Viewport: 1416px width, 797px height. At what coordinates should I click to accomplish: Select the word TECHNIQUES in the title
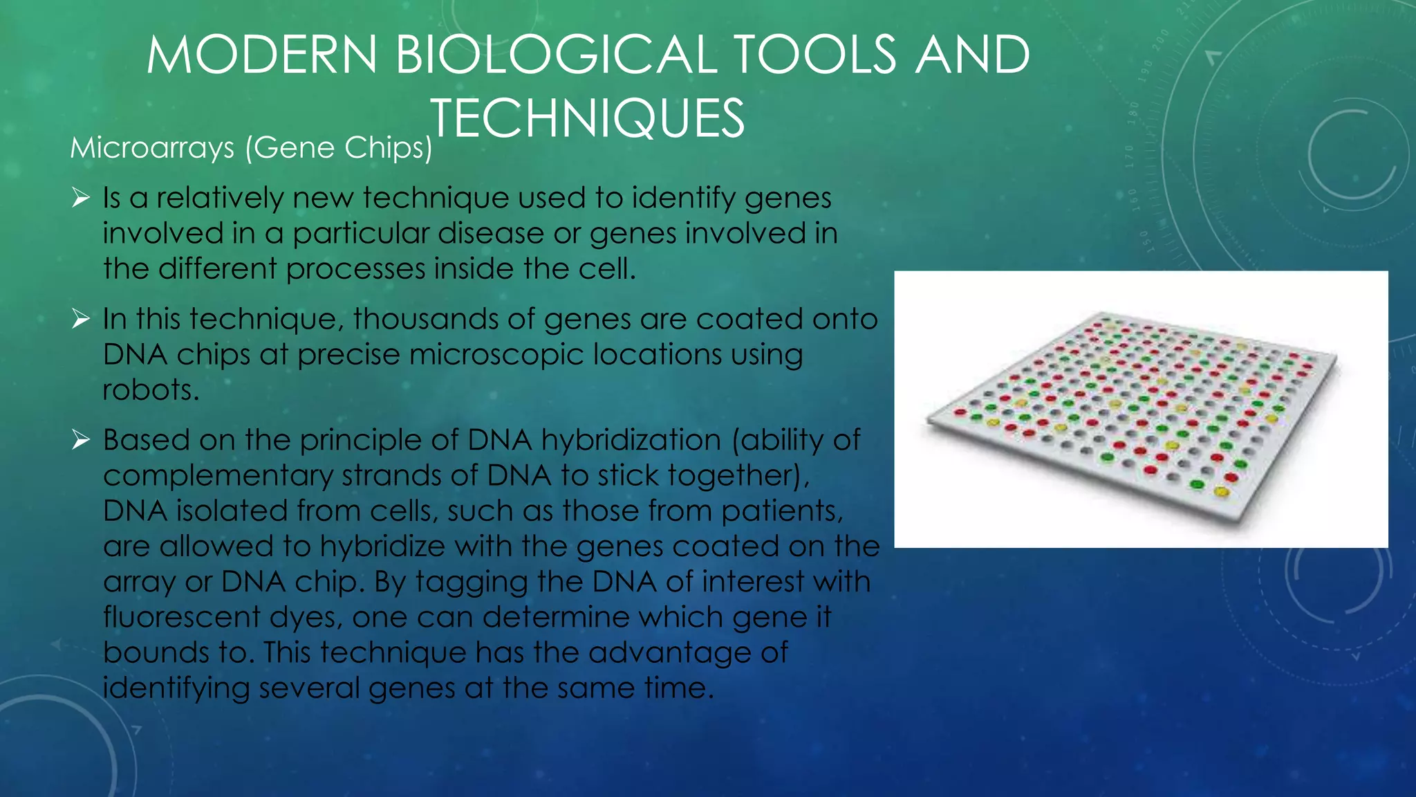[588, 119]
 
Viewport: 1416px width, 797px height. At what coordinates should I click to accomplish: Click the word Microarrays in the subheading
[152, 148]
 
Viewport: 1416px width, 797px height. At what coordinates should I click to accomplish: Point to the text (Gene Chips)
[339, 148]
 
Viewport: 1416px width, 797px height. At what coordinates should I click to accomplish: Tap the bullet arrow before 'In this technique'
[81, 320]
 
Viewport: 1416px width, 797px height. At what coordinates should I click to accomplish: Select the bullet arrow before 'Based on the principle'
[81, 440]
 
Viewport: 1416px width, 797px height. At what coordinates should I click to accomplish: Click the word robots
[150, 390]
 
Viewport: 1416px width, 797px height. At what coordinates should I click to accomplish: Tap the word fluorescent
[181, 617]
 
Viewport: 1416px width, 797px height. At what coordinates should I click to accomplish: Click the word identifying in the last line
[176, 688]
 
